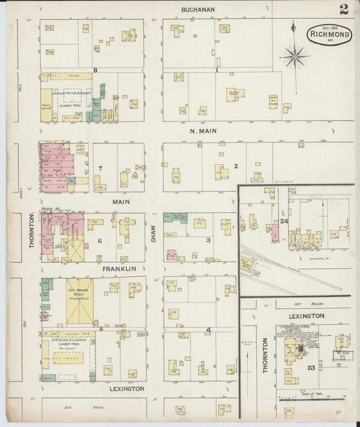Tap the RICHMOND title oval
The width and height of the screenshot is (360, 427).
(x=330, y=34)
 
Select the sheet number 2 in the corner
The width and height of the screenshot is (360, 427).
(x=344, y=9)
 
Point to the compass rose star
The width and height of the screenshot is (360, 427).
(x=294, y=55)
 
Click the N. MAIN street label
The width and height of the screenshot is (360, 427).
(x=203, y=130)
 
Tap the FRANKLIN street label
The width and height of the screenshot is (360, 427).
(x=120, y=269)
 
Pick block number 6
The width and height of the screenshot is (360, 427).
(x=99, y=241)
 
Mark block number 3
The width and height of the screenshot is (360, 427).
(x=209, y=240)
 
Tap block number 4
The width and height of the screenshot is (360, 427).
(x=209, y=330)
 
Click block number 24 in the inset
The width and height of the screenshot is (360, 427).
(x=284, y=221)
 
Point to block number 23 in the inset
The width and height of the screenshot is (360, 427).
(x=311, y=368)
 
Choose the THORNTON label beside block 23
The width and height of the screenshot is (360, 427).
(x=265, y=354)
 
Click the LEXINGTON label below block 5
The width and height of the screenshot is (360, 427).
(x=126, y=389)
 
